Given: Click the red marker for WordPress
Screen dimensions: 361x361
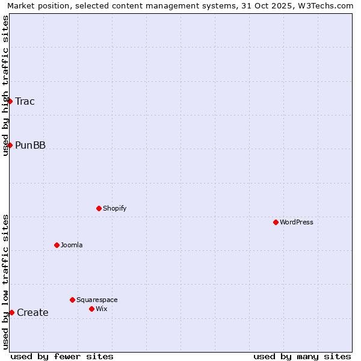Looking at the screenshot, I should coord(276,222).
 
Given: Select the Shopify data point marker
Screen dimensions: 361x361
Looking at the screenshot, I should coord(99,208).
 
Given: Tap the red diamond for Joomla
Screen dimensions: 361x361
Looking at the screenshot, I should coord(57,245).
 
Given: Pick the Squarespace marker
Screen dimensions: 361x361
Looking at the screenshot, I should coord(72,300).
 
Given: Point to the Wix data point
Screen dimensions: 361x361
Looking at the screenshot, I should coord(91,309).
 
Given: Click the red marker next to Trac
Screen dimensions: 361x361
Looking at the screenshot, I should coord(10,101).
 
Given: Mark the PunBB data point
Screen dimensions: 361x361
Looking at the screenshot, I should coord(10,145).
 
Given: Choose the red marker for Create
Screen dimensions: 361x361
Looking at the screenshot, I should coord(11,312).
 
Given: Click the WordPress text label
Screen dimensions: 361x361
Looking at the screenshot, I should coord(297,222).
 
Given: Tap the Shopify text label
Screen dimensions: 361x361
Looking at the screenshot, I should coord(114,208).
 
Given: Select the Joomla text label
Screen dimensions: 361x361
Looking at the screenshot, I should coord(72,245).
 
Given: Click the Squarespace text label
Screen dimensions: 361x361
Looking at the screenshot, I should coord(97,300).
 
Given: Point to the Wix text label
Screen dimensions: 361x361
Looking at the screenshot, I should coord(101,309).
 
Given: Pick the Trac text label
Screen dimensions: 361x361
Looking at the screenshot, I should coord(25,101).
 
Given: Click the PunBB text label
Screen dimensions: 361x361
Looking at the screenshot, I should coord(30,145).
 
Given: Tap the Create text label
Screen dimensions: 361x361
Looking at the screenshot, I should coord(32,312).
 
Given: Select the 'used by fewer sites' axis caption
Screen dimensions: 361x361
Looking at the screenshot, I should coord(62,356).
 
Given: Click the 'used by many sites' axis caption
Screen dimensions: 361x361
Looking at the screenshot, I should coord(302,356).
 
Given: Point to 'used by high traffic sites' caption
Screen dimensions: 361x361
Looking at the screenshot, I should coord(5,85).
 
